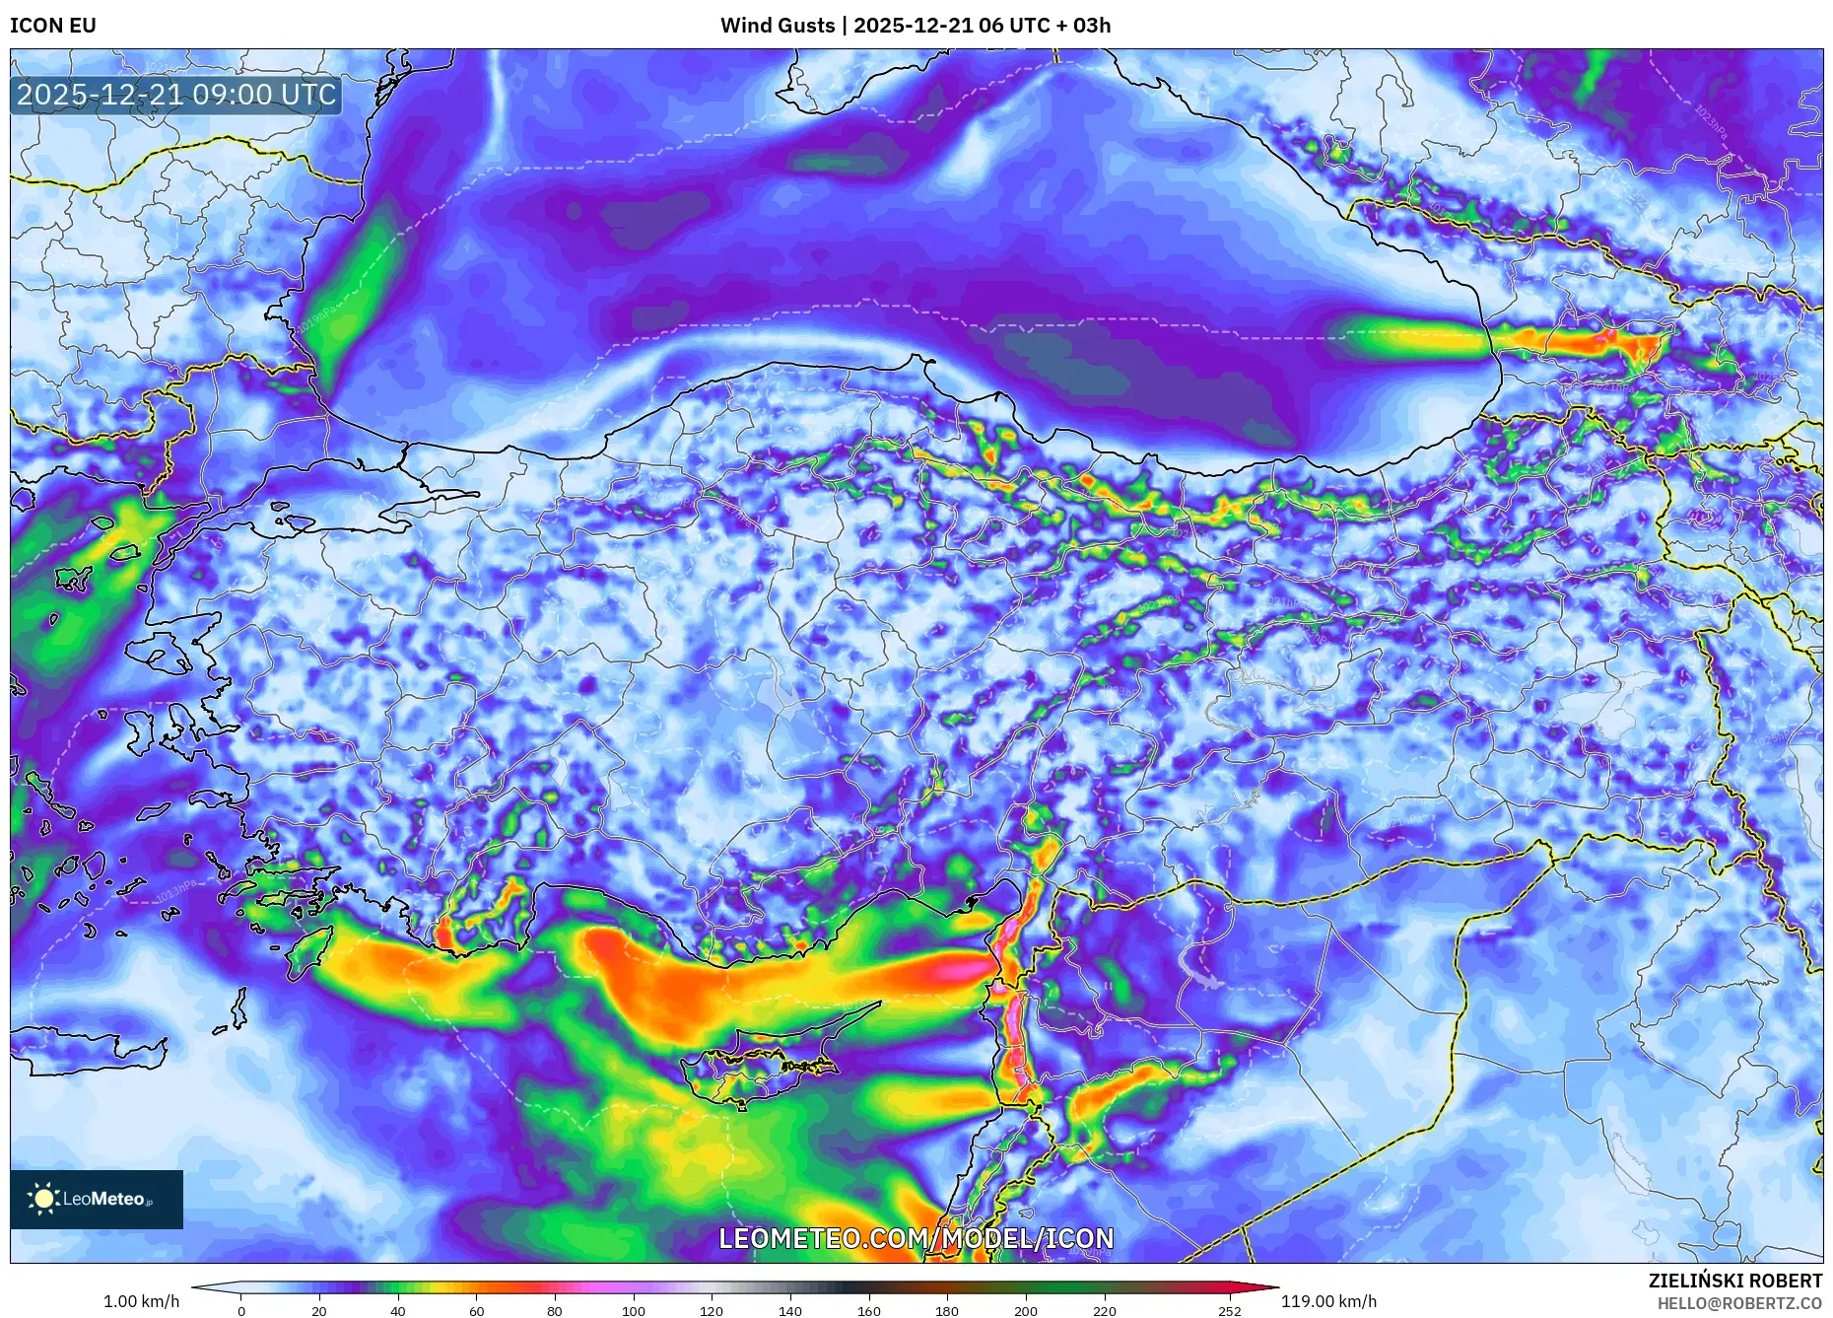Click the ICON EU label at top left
point(53,26)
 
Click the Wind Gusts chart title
point(915,26)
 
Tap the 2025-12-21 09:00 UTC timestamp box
point(176,96)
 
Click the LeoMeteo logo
point(96,1199)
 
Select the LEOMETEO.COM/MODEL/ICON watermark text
point(916,1238)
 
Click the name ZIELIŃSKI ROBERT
point(1734,1281)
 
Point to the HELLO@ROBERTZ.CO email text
point(1739,1303)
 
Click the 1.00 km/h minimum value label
point(142,1301)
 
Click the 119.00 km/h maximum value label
point(1328,1301)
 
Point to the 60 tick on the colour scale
point(477,1310)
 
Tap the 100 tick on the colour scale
point(634,1310)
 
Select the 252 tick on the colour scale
point(1229,1310)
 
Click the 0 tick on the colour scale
point(241,1310)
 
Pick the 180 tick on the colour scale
point(947,1310)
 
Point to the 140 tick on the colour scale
point(790,1310)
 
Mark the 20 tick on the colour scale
point(319,1310)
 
